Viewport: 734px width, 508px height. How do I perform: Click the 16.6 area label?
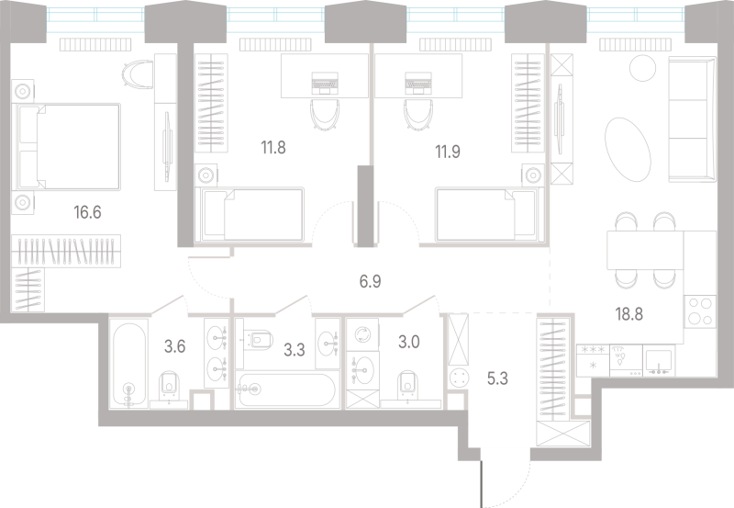pyautogui.click(x=87, y=212)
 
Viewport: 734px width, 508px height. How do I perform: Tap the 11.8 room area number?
pyautogui.click(x=273, y=148)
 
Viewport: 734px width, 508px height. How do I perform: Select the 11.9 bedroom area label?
pyautogui.click(x=448, y=152)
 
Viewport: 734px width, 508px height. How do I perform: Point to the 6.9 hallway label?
pyautogui.click(x=370, y=281)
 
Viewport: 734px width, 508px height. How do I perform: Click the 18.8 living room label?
pyautogui.click(x=629, y=314)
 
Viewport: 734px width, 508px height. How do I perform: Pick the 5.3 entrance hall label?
pyautogui.click(x=497, y=378)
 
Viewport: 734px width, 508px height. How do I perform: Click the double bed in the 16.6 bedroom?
pyautogui.click(x=69, y=147)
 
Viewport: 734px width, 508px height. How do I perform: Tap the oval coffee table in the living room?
pyautogui.click(x=628, y=149)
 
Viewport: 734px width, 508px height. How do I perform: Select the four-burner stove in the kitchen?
pyautogui.click(x=700, y=311)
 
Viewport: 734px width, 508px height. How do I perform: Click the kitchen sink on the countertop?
pyautogui.click(x=659, y=361)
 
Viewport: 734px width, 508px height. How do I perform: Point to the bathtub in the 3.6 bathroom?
pyautogui.click(x=129, y=363)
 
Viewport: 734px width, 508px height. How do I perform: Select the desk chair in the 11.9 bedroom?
pyautogui.click(x=418, y=114)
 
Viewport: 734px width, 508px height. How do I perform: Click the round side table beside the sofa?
pyautogui.click(x=643, y=68)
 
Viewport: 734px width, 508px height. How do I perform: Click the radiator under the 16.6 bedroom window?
pyautogui.click(x=95, y=44)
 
